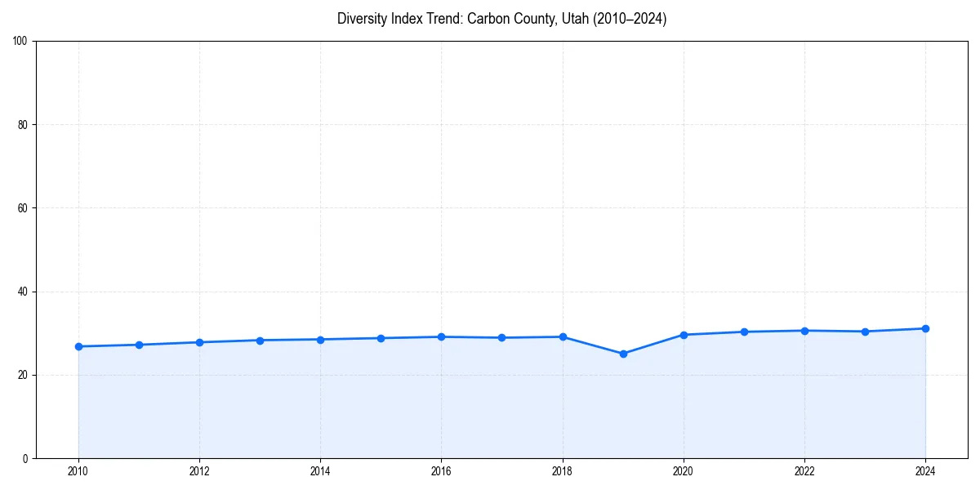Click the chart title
501,19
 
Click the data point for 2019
623,354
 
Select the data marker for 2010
78,346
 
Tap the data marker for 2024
925,328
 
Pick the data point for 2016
441,336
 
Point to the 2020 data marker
684,335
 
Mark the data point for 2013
260,341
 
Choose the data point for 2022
804,331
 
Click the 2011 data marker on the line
139,345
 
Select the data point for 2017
501,337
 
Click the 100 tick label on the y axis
20,42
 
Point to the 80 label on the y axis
23,125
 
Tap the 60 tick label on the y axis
23,208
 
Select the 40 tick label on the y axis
23,292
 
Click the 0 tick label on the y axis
25,458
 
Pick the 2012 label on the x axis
199,471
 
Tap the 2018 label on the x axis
562,471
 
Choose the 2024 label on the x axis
925,471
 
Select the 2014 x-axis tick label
320,471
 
